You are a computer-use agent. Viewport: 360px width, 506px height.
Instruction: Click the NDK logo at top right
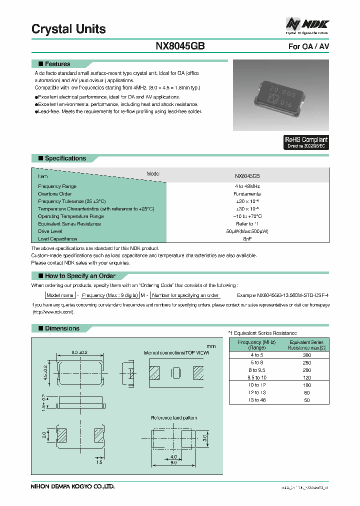point(307,24)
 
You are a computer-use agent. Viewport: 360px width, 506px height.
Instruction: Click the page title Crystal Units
point(68,29)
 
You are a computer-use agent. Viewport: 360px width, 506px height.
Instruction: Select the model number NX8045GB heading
point(180,46)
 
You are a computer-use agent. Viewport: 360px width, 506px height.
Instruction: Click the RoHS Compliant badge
point(306,142)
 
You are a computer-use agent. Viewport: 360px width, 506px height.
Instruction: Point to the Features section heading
point(57,64)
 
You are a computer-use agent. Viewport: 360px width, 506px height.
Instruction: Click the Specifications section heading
point(65,158)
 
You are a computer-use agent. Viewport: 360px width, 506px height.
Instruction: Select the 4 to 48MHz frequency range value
point(247,186)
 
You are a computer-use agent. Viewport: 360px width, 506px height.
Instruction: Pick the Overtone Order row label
point(55,193)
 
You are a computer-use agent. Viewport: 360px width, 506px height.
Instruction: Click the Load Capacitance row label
point(57,239)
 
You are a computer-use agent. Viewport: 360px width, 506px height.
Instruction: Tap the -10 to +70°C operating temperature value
point(247,216)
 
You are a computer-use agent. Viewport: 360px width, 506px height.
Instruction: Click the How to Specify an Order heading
point(80,276)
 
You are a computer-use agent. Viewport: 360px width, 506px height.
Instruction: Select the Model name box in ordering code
point(60,295)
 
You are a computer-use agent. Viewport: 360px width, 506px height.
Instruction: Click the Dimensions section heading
point(62,328)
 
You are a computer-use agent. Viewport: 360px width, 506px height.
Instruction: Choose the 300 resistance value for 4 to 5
point(307,354)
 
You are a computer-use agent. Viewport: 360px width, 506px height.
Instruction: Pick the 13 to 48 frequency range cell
point(256,400)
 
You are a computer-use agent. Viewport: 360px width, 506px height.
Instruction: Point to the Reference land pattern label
point(174,417)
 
